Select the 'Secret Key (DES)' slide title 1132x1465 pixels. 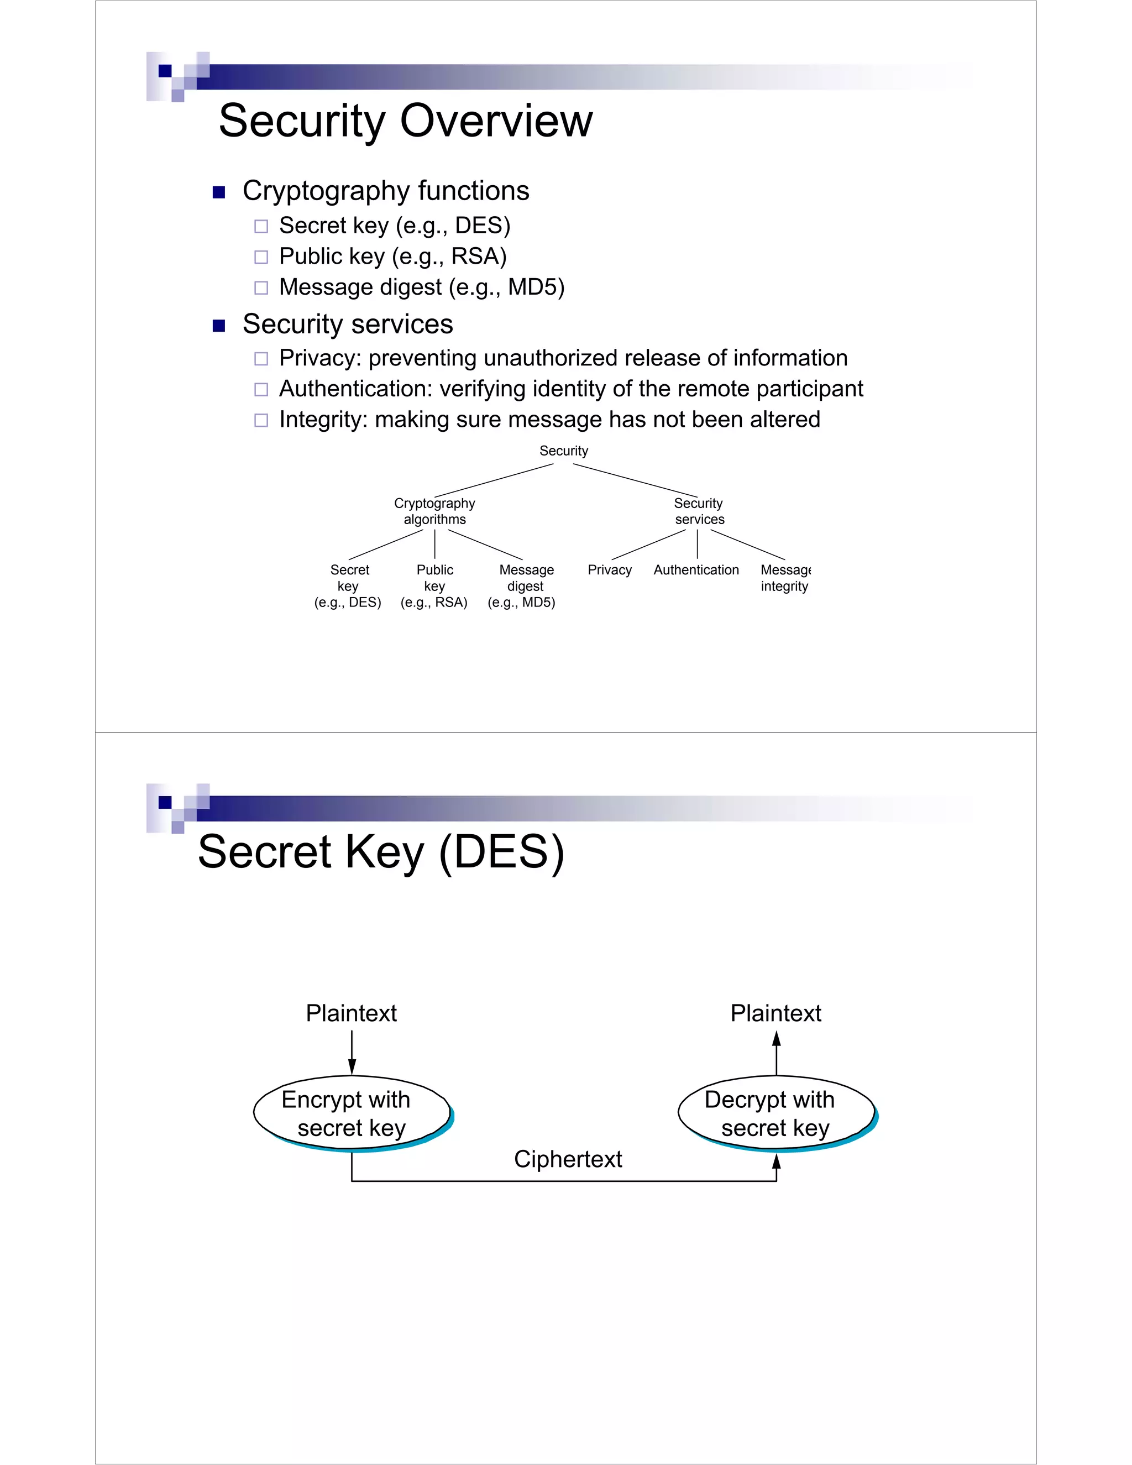point(380,852)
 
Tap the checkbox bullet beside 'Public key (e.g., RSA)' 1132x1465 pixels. point(261,257)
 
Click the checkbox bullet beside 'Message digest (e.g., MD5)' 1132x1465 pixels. point(261,288)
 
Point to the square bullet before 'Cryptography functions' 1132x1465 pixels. point(219,192)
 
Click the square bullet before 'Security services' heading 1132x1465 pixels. point(219,326)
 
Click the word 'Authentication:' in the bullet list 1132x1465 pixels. point(355,389)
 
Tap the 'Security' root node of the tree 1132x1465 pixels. point(563,451)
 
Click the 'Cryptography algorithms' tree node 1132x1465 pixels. point(434,511)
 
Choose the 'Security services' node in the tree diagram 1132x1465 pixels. point(699,511)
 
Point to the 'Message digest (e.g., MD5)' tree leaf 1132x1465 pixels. point(522,585)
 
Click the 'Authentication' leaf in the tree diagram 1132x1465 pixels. point(696,570)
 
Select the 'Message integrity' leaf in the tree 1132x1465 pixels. point(785,578)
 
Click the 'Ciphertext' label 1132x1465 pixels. point(568,1159)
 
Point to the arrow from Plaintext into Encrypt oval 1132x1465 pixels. point(352,1053)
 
